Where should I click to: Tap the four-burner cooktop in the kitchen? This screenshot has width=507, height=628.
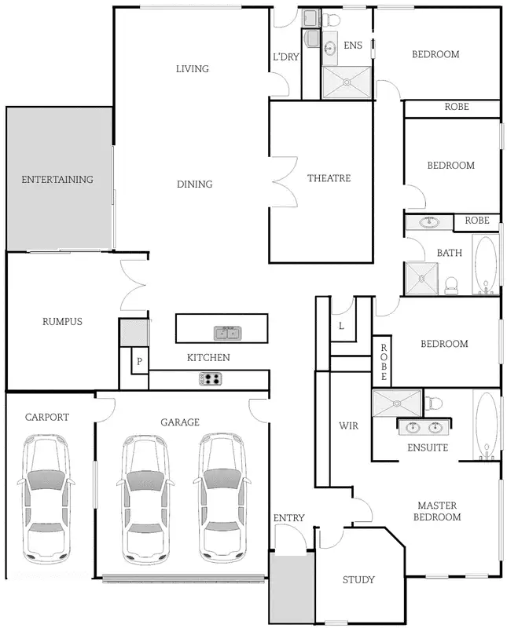[211, 379]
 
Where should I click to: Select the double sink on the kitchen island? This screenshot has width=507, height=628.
[228, 333]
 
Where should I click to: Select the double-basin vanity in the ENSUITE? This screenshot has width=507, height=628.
[425, 428]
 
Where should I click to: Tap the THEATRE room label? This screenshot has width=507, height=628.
[329, 179]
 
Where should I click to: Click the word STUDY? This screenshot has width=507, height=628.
[358, 580]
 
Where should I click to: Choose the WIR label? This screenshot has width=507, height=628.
[348, 426]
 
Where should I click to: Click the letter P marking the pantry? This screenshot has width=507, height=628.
[139, 362]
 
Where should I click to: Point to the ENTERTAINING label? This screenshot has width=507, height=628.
[57, 180]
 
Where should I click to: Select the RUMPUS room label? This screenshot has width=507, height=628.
[62, 321]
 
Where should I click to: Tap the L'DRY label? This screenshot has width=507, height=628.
[285, 57]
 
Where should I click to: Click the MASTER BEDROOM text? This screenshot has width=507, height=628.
[439, 511]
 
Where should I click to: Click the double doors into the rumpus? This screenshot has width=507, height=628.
[134, 286]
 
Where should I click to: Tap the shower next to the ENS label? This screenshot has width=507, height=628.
[347, 82]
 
